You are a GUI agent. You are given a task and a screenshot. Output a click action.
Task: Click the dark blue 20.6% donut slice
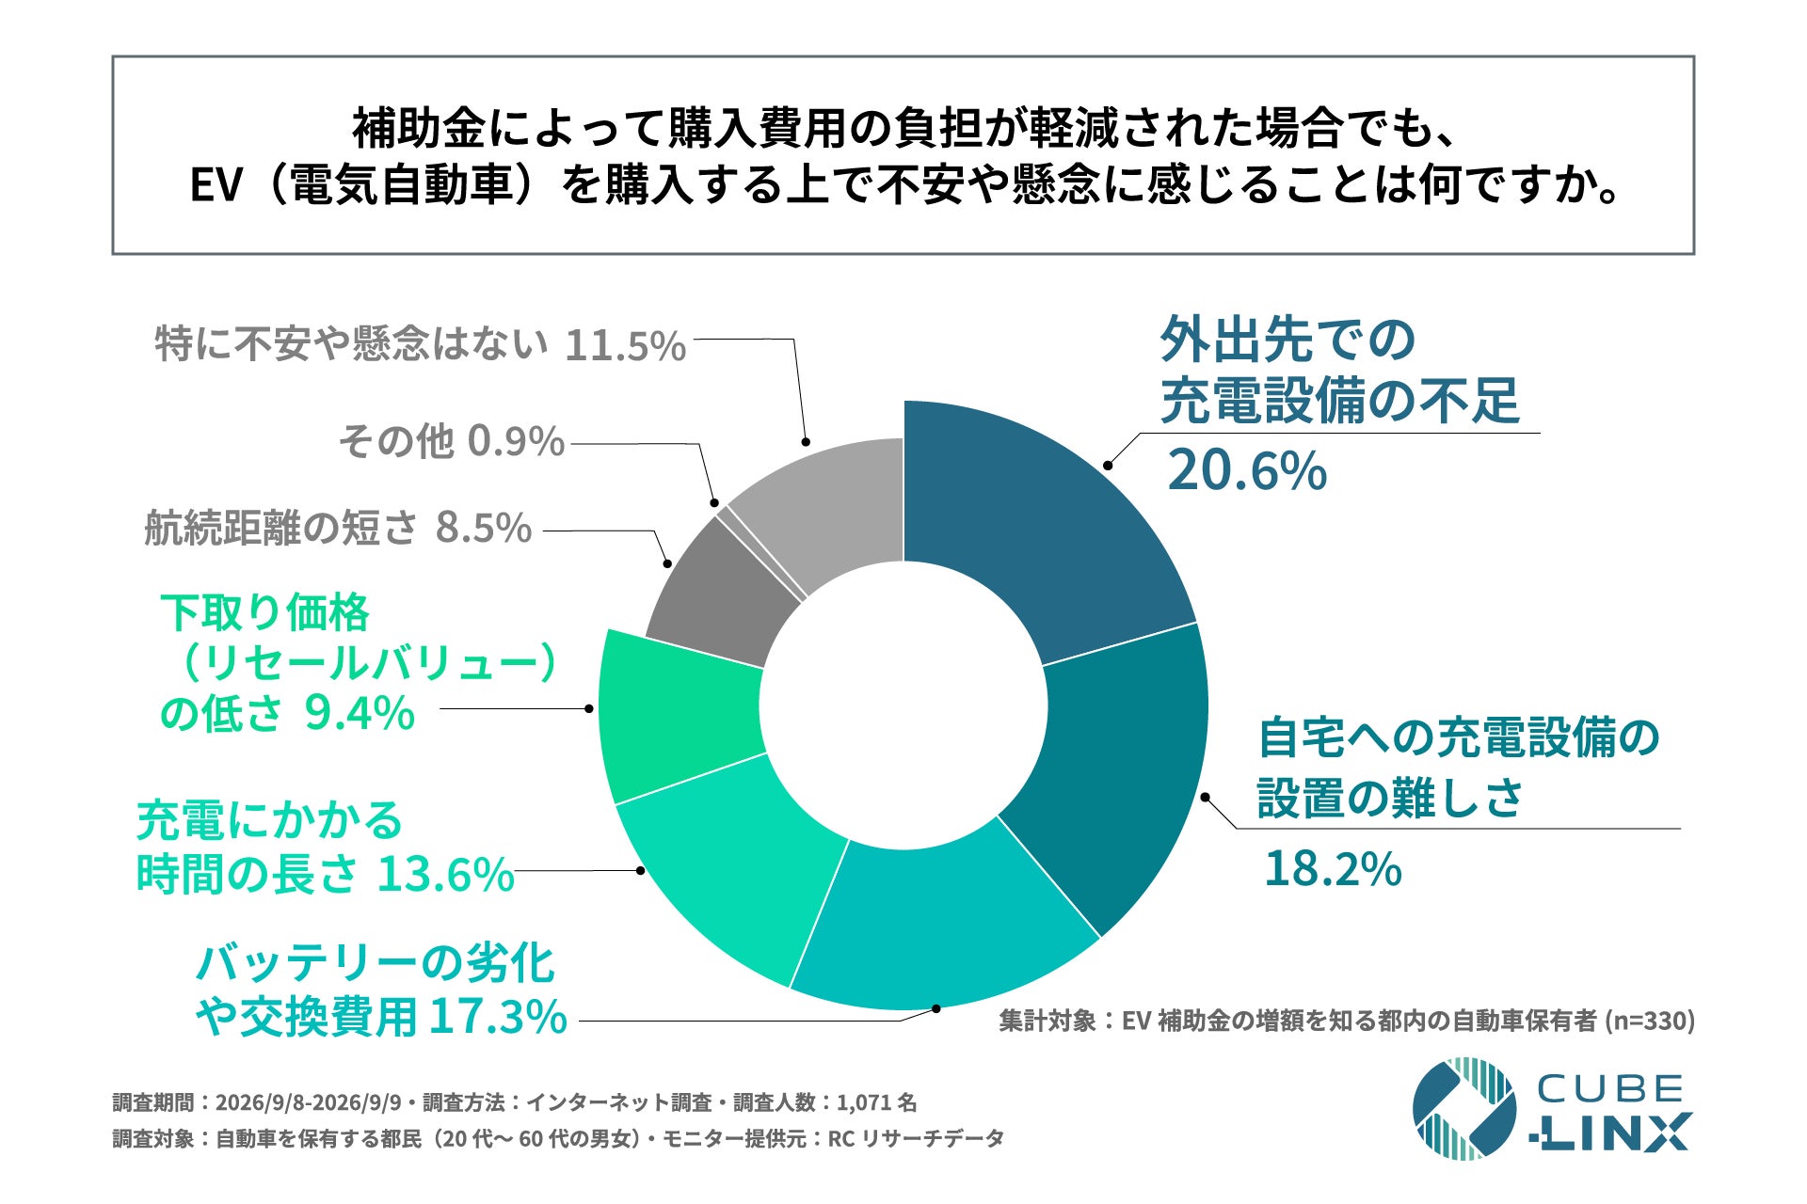click(x=1045, y=527)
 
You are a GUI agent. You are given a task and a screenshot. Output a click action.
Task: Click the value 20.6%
click(x=1247, y=470)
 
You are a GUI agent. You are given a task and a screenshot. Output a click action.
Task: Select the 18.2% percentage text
click(x=1333, y=868)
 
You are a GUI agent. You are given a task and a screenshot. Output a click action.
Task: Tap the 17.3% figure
click(x=498, y=1017)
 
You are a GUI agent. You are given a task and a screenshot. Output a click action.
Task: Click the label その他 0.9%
click(x=452, y=441)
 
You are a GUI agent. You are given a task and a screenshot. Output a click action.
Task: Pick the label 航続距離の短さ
click(x=280, y=528)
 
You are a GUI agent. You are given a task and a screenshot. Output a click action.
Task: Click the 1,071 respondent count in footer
click(x=863, y=1102)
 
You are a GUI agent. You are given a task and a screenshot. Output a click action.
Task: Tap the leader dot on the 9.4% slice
click(x=589, y=708)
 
